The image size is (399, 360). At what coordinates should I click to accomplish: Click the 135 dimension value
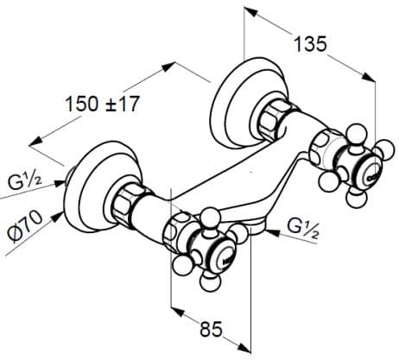tap(311, 44)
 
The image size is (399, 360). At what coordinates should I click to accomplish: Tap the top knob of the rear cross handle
tap(355, 131)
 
